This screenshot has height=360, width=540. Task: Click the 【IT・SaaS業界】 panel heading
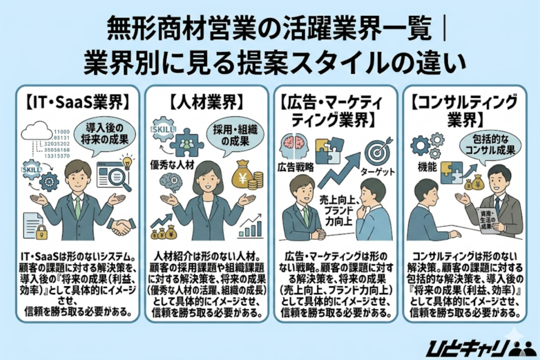click(78, 100)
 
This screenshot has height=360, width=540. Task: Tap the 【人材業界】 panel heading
click(206, 100)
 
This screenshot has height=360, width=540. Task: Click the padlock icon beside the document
click(43, 230)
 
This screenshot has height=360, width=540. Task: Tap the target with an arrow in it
click(380, 149)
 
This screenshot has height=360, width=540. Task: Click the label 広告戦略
click(294, 168)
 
